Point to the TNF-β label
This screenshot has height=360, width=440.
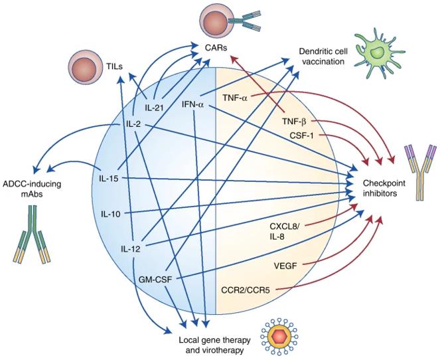pyautogui.click(x=296, y=122)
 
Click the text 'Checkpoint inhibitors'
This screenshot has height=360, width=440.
pyautogui.click(x=396, y=188)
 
